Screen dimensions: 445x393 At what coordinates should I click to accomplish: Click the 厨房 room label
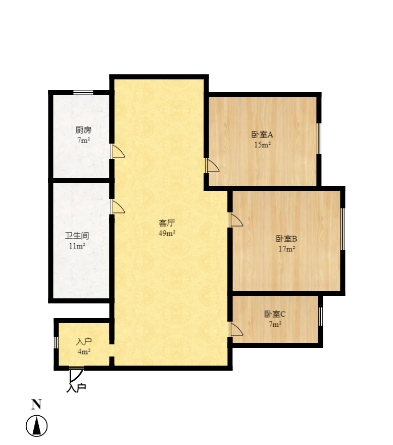coord(84,130)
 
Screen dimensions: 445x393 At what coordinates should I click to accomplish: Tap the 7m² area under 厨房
coord(84,140)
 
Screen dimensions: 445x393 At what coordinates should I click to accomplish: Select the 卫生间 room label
coord(77,236)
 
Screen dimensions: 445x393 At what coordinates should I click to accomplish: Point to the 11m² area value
coord(77,246)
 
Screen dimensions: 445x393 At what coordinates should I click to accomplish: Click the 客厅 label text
coord(167,223)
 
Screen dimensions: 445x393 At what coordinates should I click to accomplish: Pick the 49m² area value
coord(167,233)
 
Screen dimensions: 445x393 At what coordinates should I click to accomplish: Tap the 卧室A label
coord(262,135)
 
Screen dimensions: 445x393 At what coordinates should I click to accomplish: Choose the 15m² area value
coord(262,145)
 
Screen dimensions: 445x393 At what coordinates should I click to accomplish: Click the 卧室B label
coord(286,239)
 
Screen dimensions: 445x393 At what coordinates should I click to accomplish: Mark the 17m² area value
coord(286,249)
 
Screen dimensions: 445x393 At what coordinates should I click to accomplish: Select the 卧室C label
coord(275,314)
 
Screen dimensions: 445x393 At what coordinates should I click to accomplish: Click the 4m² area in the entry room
coord(84,351)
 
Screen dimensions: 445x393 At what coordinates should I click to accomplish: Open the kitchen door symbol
coord(118,152)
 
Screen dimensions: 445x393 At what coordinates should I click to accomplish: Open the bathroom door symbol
coord(118,207)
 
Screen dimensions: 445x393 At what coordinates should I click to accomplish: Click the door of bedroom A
coord(212,165)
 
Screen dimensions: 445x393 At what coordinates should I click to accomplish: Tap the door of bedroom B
coord(236,220)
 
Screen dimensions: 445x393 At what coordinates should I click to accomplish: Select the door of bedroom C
coord(236,329)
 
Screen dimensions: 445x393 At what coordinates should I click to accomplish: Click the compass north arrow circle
coord(36,426)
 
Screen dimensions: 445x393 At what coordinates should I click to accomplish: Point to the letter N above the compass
coord(36,405)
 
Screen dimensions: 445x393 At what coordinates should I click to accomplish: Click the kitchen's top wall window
coord(83,93)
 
